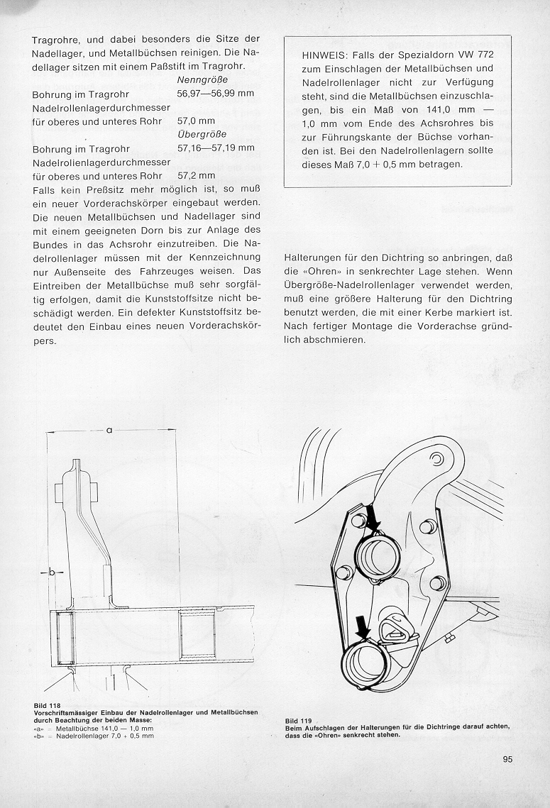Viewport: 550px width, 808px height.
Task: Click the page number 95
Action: (x=507, y=759)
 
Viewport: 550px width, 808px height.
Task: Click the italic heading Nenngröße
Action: (x=198, y=80)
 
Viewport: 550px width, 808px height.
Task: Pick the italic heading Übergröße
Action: (x=198, y=134)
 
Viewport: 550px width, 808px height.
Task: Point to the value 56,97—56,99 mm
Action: (x=215, y=94)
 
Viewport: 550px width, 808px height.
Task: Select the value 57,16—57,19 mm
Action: (x=215, y=148)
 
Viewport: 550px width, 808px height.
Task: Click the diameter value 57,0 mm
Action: (x=196, y=121)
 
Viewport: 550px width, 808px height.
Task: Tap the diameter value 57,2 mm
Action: (x=196, y=175)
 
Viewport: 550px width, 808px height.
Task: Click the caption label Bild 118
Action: (x=46, y=704)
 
